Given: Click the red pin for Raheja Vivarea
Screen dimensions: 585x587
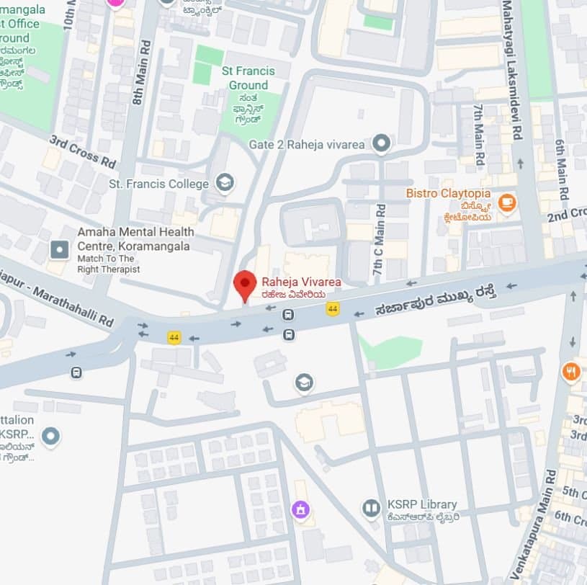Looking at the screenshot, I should click(245, 283).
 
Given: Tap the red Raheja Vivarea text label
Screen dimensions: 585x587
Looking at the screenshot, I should click(301, 282).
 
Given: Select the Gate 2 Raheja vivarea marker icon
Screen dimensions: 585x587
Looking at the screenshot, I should click(381, 144).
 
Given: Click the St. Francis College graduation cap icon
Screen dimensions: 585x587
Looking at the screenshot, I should click(225, 183).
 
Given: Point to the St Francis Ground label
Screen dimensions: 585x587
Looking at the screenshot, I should click(248, 78).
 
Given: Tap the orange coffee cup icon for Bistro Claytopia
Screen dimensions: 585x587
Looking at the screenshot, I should click(507, 202).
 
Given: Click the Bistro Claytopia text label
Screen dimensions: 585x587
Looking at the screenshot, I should click(448, 193).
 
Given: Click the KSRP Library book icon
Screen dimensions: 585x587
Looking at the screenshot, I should click(371, 509).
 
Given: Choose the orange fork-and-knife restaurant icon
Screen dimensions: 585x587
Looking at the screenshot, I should click(571, 372).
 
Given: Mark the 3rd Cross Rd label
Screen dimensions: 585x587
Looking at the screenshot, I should click(82, 151).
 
